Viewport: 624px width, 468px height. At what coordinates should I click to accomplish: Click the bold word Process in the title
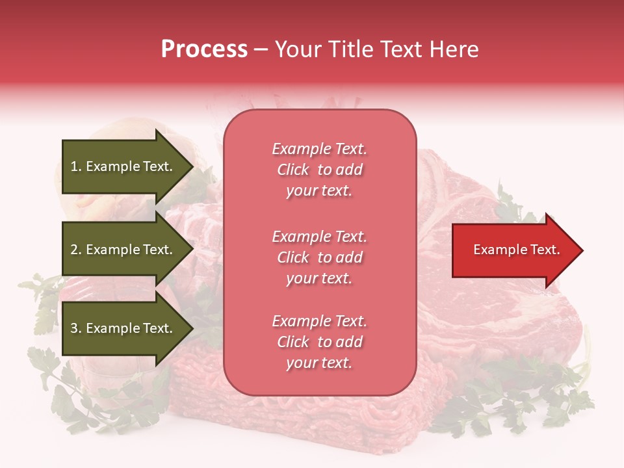204,49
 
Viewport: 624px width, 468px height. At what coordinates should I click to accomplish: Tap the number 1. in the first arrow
76,167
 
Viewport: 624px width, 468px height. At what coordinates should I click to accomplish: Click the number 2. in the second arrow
76,250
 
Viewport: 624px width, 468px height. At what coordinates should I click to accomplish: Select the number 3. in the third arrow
76,328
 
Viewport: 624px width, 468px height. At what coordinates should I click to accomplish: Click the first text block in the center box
319,170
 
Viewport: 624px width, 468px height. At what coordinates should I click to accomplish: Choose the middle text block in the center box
319,257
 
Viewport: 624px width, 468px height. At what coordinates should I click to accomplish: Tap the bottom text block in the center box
319,342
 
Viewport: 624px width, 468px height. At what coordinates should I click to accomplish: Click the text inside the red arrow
516,250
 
